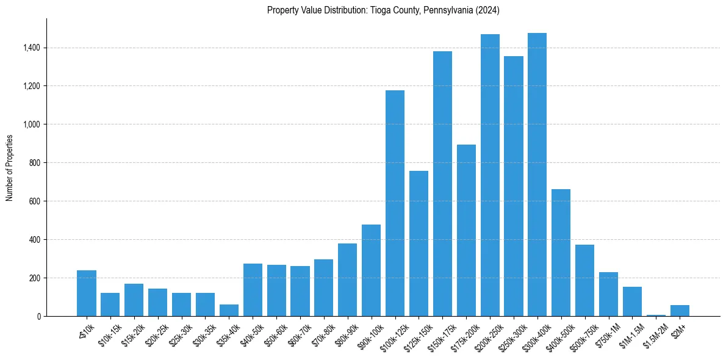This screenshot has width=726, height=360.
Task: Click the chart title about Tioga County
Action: pos(383,10)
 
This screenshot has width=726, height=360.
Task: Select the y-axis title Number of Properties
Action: pos(10,168)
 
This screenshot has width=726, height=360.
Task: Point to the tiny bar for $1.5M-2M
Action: pos(656,315)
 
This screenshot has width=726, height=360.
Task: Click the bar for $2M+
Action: pos(680,311)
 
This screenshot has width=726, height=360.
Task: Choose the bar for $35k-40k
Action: pos(229,310)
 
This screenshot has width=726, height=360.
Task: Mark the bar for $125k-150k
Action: pos(419,243)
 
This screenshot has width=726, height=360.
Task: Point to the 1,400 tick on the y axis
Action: pos(32,48)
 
